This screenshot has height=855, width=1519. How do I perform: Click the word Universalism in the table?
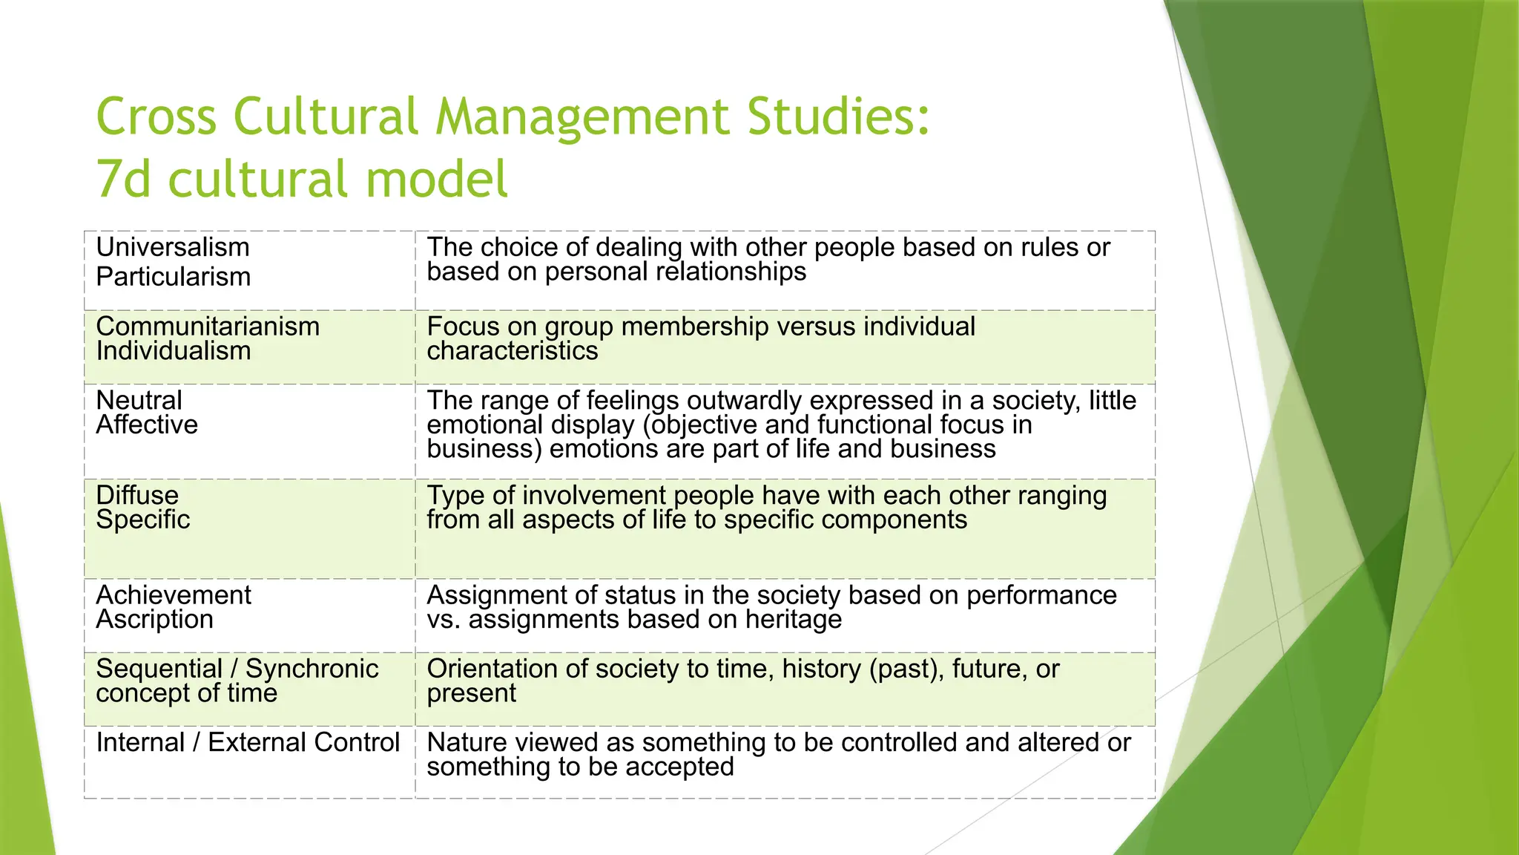click(172, 247)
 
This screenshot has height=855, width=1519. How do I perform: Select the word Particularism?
click(174, 277)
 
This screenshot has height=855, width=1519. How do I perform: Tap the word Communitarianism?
click(208, 327)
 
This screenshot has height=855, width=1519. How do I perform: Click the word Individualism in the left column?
click(174, 350)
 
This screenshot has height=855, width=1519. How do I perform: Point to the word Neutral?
click(139, 401)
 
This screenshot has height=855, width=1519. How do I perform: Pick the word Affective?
click(147, 425)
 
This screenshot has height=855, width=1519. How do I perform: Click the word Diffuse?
click(137, 495)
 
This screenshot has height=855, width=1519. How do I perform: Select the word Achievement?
click(174, 595)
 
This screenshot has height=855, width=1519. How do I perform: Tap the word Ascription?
click(154, 619)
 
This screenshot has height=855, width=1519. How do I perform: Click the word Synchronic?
click(312, 669)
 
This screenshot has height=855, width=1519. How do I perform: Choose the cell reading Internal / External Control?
click(248, 742)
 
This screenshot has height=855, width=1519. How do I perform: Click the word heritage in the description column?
click(794, 619)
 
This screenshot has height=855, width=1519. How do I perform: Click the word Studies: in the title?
click(838, 117)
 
